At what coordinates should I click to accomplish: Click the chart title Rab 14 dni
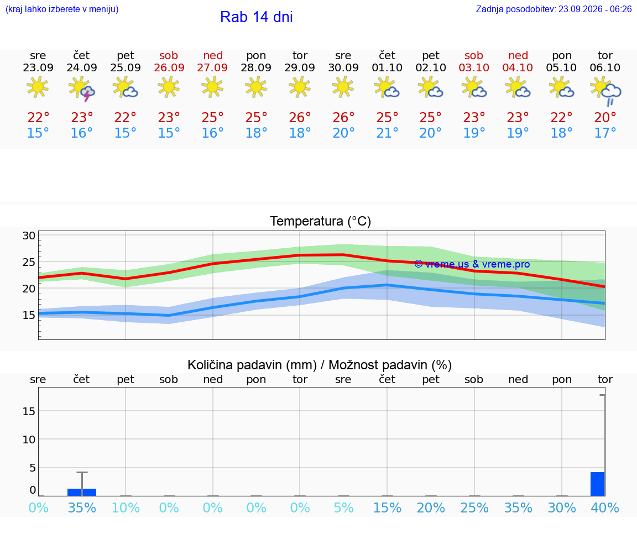(257, 17)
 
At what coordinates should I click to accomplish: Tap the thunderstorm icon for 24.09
(82, 89)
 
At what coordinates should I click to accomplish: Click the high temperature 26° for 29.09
(300, 117)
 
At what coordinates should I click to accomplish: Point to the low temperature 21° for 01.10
(387, 133)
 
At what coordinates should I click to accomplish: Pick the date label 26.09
(169, 67)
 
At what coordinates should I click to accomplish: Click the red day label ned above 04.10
(518, 55)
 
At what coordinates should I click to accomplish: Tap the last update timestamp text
(554, 9)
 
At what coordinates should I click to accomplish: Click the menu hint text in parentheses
(62, 9)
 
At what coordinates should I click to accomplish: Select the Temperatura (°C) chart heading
(321, 221)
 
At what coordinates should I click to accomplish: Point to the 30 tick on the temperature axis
(29, 236)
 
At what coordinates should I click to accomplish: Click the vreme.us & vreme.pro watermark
(472, 264)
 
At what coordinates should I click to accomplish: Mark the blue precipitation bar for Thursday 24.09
(82, 493)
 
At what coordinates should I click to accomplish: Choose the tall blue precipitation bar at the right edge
(598, 484)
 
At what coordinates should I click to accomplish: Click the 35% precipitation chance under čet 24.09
(82, 507)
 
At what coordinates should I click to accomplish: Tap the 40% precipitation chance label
(605, 507)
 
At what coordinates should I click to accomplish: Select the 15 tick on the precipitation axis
(29, 411)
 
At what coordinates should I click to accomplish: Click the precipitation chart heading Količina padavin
(252, 365)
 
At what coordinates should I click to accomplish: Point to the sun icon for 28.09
(256, 87)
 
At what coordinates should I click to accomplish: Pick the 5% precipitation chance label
(344, 507)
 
